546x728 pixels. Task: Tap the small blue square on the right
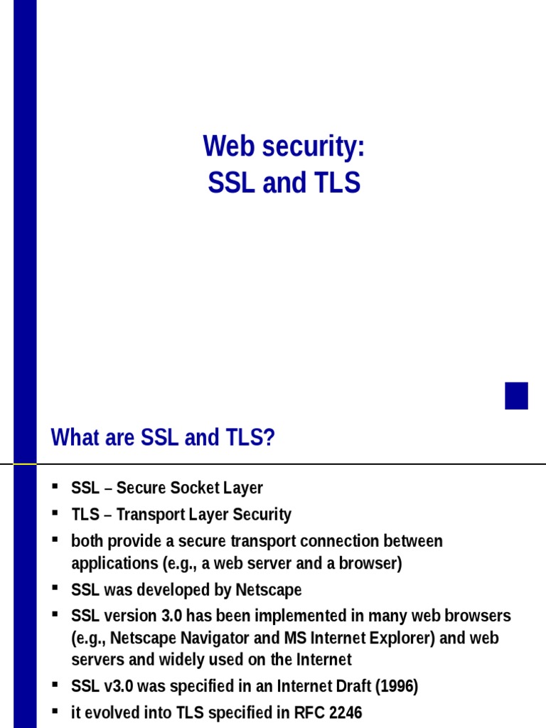click(x=516, y=396)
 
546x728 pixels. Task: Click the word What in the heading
click(x=73, y=438)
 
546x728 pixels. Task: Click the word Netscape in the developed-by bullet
click(x=270, y=590)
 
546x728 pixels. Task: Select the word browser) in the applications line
click(x=370, y=564)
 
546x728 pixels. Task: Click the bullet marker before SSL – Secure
click(x=55, y=487)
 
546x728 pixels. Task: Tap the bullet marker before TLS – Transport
click(x=55, y=513)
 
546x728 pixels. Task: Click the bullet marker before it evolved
click(x=55, y=710)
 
